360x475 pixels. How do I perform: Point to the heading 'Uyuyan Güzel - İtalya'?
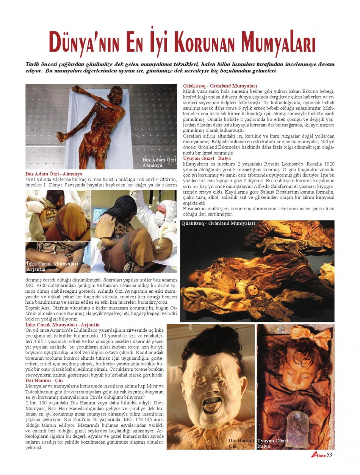coord(207,158)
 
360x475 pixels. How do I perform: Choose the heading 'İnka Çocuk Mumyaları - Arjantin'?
coord(63,325)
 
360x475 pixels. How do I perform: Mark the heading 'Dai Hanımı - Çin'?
coord(44,380)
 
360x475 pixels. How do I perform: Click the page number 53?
coord(329,455)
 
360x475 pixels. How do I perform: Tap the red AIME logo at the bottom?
coord(318,455)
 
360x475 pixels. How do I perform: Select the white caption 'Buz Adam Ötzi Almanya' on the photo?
coord(159,162)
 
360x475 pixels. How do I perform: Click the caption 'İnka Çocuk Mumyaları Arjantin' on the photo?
coord(52,266)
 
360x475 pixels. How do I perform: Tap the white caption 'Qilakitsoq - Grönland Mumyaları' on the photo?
coord(219,223)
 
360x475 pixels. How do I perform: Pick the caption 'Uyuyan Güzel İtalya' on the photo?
coord(273,443)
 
